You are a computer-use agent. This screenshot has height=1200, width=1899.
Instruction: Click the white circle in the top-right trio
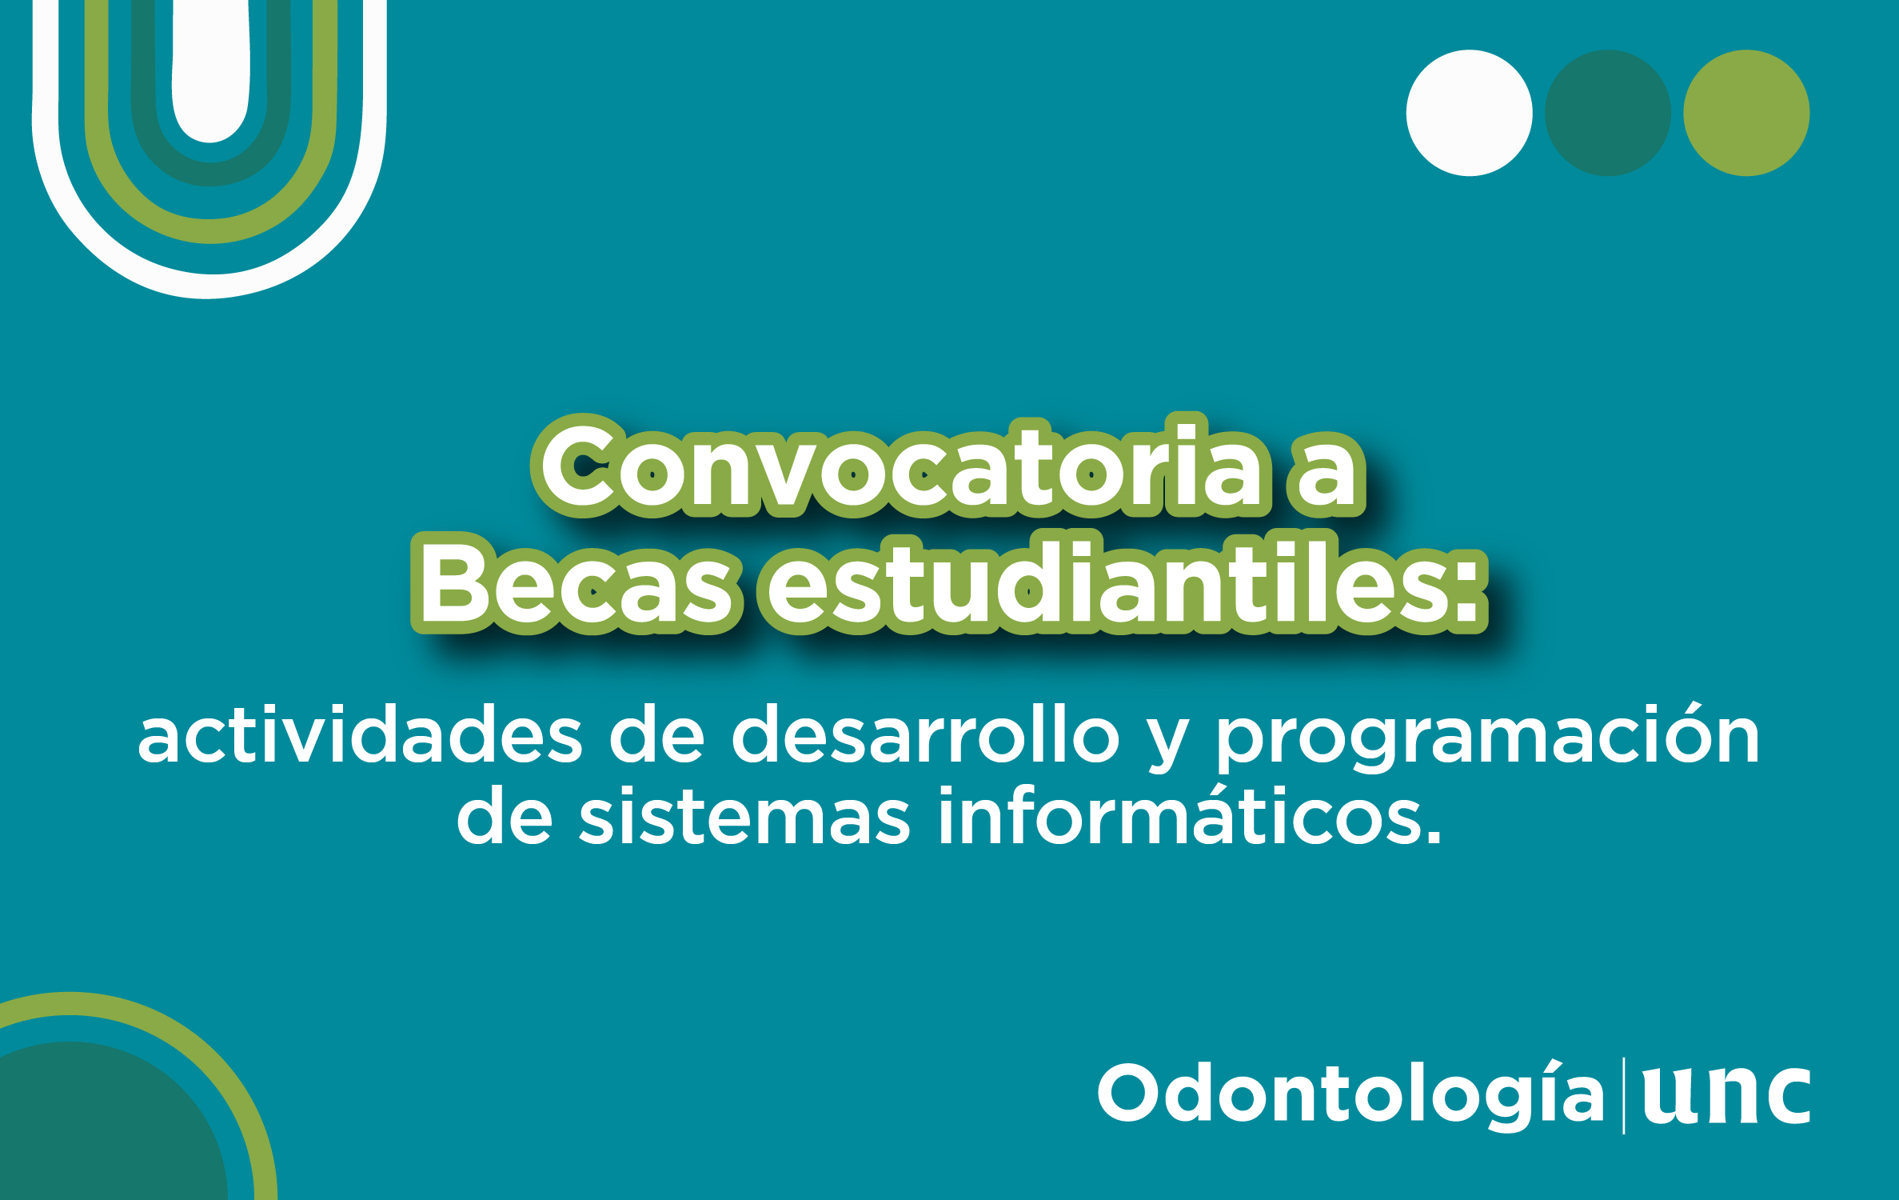1469,113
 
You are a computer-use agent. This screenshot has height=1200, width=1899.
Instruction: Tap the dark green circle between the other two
1608,113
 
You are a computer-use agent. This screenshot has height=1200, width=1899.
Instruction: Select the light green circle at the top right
1746,113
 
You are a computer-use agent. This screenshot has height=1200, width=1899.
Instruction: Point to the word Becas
574,583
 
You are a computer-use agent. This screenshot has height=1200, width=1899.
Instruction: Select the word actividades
361,735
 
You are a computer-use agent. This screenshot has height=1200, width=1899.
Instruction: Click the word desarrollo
925,735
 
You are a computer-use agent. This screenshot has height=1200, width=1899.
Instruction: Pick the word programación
1488,737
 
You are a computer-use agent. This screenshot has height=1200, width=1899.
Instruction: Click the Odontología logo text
1351,1094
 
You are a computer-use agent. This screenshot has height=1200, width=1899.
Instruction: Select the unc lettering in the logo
1726,1095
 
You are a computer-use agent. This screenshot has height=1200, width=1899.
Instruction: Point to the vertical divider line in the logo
1623,1095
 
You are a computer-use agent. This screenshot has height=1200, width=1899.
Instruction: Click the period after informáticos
1432,837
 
